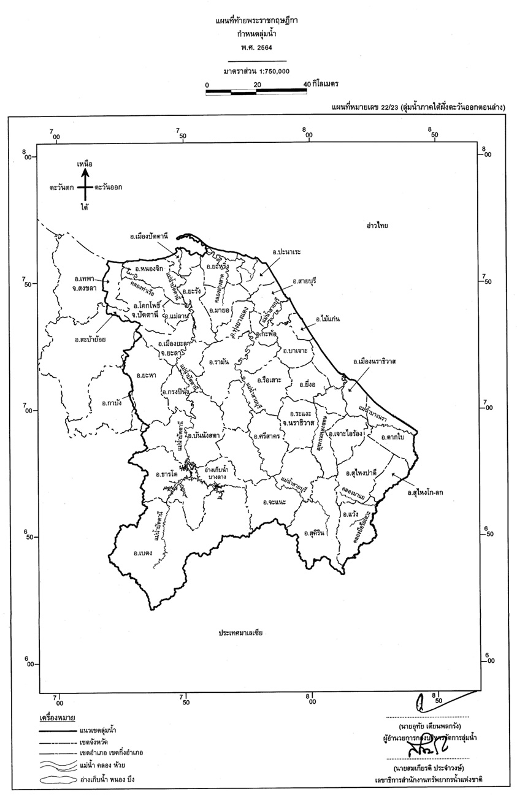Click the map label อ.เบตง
142,553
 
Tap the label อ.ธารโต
166,474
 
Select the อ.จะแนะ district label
274,502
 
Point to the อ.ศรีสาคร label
266,437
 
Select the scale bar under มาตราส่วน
256,92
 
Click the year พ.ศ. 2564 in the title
258,47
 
